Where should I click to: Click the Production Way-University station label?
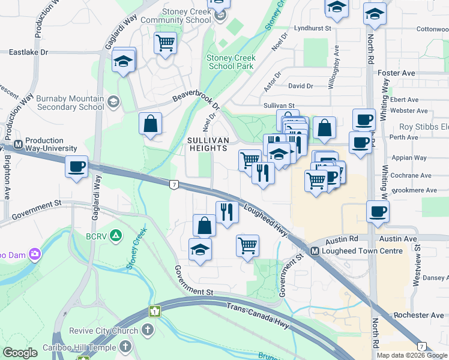pyautogui.click(x=50, y=144)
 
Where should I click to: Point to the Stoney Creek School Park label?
pyautogui.click(x=231, y=62)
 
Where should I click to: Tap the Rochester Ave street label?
pyautogui.click(x=419, y=315)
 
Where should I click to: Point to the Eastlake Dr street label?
pyautogui.click(x=28, y=53)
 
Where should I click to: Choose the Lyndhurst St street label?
pyautogui.click(x=312, y=28)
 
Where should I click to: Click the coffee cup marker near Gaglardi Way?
pyautogui.click(x=77, y=167)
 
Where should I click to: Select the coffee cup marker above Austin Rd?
pyautogui.click(x=378, y=212)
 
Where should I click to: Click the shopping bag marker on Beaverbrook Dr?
pyautogui.click(x=150, y=124)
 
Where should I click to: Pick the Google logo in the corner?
pyautogui.click(x=20, y=353)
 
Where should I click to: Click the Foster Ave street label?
pyautogui.click(x=396, y=73)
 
